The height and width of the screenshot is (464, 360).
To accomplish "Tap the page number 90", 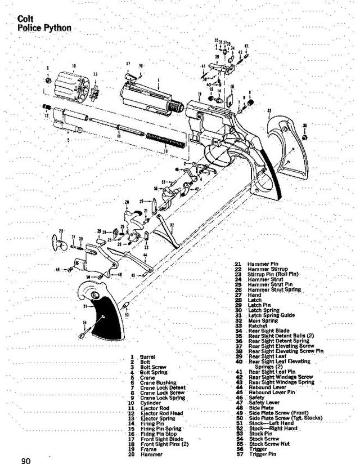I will pos(26,461).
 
